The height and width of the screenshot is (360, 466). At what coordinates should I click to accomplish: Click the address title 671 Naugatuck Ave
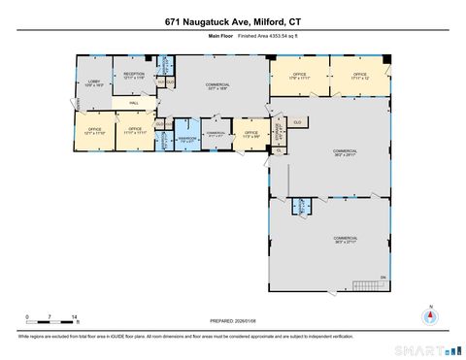[233, 19]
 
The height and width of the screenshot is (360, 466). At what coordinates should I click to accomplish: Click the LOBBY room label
[95, 83]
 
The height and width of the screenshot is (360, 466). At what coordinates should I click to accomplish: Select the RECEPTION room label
[133, 75]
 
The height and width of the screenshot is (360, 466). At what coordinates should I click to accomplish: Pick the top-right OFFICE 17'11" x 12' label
[359, 75]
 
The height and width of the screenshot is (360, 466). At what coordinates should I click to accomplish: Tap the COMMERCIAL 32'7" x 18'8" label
[216, 86]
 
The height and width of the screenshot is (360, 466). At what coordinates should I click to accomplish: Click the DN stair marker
[383, 278]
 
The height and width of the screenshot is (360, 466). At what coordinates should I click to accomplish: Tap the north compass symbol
[427, 316]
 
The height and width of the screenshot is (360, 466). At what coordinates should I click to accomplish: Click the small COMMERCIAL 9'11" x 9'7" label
[216, 134]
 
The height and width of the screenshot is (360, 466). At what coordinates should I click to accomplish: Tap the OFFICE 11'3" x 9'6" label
[250, 134]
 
